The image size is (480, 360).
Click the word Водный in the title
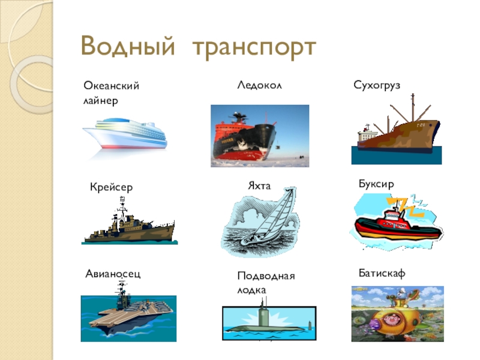[x=128, y=46]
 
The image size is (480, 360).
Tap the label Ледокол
[x=259, y=85]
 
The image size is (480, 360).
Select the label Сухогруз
[x=377, y=85]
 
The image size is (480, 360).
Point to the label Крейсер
[x=112, y=187]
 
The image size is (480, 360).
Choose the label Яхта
[x=259, y=186]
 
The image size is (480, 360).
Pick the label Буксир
[x=376, y=184]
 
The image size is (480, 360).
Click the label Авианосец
[x=113, y=274]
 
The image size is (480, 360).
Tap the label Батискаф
[x=382, y=273]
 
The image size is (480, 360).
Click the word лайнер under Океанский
[x=101, y=101]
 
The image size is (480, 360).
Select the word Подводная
[x=266, y=276]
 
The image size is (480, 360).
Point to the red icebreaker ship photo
[x=260, y=136]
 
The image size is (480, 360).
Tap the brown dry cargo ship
[x=398, y=132]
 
